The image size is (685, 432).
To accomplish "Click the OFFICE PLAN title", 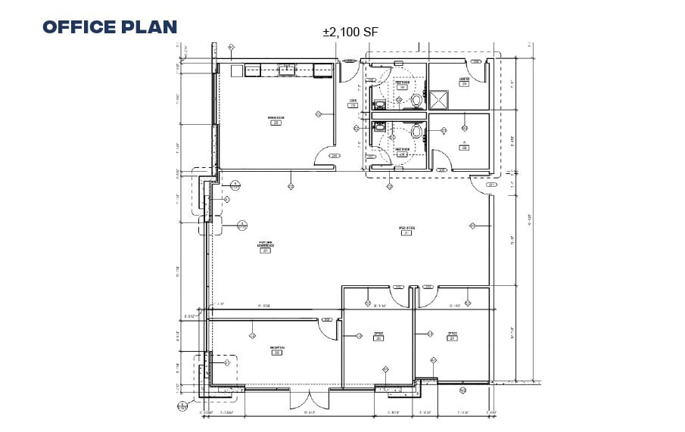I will (110, 27).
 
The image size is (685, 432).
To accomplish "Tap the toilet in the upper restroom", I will (416, 99).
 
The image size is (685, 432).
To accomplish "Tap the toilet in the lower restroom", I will (416, 131).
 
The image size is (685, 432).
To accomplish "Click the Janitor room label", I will (465, 81).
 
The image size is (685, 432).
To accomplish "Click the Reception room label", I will (276, 350).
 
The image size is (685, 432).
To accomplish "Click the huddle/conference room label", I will (264, 247).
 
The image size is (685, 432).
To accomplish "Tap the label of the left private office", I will (378, 335).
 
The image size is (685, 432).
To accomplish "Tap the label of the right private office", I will (452, 335).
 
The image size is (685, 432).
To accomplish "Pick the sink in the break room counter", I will (287, 70).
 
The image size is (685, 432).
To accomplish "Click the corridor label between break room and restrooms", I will (353, 103).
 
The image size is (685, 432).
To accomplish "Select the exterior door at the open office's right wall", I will (481, 184).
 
